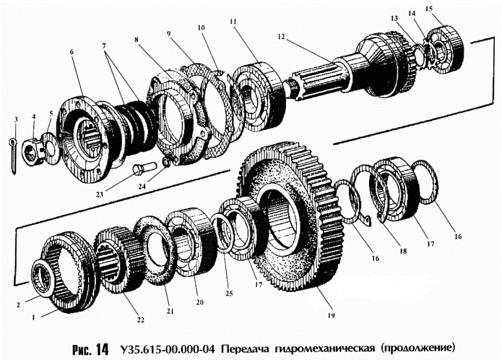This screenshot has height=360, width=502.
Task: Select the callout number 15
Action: tap(449, 9)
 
